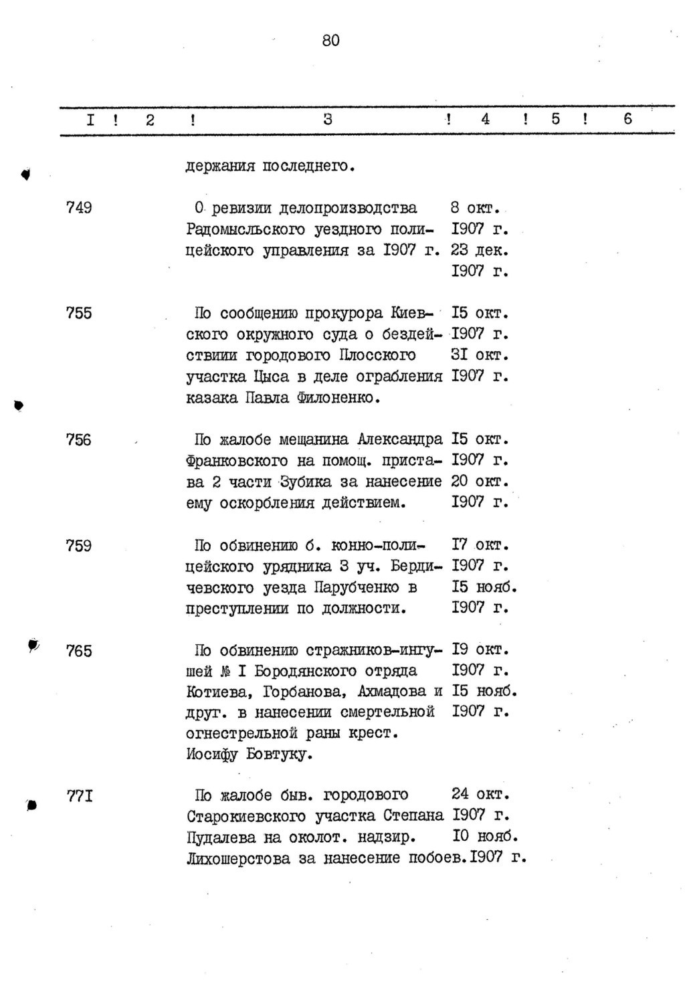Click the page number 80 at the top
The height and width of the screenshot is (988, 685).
point(330,41)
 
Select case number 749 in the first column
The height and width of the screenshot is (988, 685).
point(79,208)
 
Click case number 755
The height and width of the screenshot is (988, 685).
point(79,313)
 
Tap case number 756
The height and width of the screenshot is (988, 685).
point(79,440)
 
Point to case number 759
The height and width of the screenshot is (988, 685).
point(79,546)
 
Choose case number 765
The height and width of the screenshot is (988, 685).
point(79,651)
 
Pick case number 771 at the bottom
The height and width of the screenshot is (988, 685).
point(79,796)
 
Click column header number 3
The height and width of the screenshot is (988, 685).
point(327,120)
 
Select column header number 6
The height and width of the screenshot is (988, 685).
point(627,120)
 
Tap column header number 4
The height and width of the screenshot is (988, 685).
point(485,120)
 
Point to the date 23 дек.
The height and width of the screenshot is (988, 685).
point(480,250)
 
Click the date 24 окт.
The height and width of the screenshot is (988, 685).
point(480,795)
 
